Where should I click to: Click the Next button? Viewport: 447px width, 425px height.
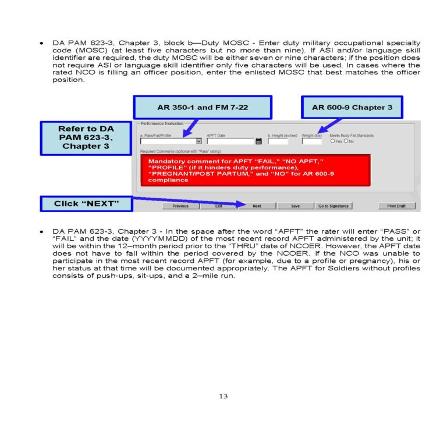(x=257, y=206)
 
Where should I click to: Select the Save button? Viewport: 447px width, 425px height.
(x=296, y=206)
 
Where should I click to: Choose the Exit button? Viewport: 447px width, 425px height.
(x=219, y=206)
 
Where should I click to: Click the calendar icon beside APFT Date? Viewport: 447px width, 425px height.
(x=259, y=141)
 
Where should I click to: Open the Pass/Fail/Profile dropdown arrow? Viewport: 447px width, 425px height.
(x=199, y=141)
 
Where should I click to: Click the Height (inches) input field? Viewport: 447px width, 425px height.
(x=278, y=141)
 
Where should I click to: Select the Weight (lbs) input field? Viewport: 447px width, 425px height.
(x=311, y=141)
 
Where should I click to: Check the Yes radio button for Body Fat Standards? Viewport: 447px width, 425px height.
(x=332, y=141)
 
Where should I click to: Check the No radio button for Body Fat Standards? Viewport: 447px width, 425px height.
(x=346, y=141)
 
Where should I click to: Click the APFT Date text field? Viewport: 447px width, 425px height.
(x=230, y=141)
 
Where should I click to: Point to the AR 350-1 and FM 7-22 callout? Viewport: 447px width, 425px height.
(x=203, y=108)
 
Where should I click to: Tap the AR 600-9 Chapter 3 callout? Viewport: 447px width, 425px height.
(x=352, y=108)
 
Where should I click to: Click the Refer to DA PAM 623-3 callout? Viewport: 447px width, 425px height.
(x=86, y=137)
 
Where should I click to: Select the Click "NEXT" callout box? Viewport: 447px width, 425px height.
(x=86, y=203)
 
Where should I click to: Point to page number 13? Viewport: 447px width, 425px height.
(x=223, y=396)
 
